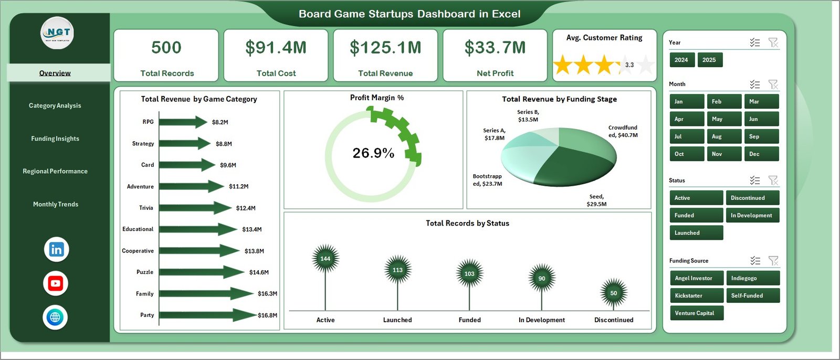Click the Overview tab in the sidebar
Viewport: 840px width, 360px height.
point(55,73)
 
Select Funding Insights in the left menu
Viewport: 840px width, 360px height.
point(55,139)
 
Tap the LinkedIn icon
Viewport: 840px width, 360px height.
point(56,249)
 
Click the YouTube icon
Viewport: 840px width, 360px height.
point(56,283)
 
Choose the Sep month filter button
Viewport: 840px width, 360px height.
point(761,136)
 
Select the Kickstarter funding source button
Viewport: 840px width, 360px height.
point(696,295)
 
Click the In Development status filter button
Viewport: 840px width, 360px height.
point(752,215)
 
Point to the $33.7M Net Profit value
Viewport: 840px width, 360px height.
point(495,48)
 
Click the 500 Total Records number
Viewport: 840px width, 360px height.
point(166,48)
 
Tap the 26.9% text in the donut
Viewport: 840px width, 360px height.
point(373,153)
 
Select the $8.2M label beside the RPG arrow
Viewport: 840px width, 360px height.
point(220,122)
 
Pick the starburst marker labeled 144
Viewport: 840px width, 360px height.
point(325,258)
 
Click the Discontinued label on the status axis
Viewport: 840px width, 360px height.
point(614,320)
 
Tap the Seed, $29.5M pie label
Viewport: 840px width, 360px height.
point(596,200)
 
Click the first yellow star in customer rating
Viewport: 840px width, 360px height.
point(563,65)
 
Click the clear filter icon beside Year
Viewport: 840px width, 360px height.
point(773,43)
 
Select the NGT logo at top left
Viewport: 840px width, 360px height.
point(58,33)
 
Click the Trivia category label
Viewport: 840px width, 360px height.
point(146,208)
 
